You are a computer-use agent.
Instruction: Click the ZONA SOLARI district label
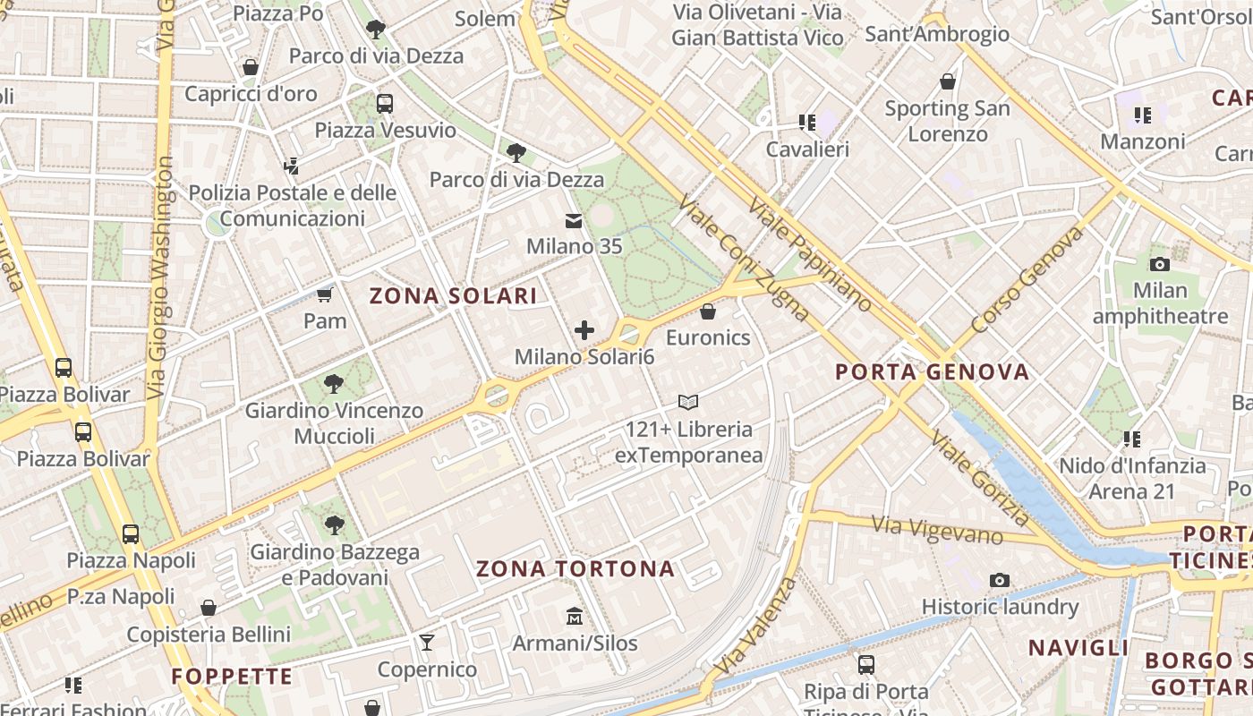(x=454, y=296)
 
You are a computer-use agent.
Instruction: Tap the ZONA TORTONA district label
(x=575, y=569)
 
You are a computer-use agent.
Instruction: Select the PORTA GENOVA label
(x=932, y=372)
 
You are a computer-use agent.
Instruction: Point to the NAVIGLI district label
(x=1078, y=648)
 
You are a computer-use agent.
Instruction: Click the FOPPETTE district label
(x=232, y=677)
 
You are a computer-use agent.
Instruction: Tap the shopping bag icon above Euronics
(x=708, y=311)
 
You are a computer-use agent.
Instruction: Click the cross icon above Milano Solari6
(x=584, y=330)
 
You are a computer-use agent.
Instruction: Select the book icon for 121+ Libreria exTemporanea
(x=687, y=403)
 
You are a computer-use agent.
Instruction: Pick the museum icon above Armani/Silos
(x=575, y=617)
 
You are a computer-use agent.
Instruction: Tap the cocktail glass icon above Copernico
(x=427, y=643)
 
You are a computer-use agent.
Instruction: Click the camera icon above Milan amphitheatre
(x=1160, y=264)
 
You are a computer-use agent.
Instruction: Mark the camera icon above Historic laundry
(x=1000, y=581)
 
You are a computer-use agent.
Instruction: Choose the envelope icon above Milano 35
(x=574, y=220)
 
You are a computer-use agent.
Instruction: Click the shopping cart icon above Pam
(x=324, y=294)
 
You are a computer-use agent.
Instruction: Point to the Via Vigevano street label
(x=936, y=530)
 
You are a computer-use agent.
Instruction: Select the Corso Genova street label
(x=1026, y=279)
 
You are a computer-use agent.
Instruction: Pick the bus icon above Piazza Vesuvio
(x=385, y=104)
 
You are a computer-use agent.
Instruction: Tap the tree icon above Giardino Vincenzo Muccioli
(x=334, y=384)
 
